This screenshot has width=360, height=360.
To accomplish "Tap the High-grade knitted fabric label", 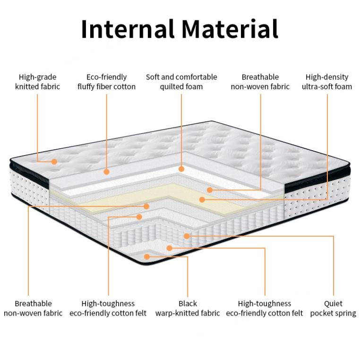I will [37, 82].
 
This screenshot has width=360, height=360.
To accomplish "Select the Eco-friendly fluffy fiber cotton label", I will [106, 82].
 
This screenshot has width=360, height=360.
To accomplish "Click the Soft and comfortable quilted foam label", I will [181, 82].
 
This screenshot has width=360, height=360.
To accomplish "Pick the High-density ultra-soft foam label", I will [327, 82].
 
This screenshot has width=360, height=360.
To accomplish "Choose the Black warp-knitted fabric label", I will [188, 308].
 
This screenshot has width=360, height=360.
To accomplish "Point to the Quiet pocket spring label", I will [334, 308].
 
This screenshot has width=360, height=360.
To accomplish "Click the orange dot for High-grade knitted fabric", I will [54, 162].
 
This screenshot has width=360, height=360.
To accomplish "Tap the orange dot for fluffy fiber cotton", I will [107, 172].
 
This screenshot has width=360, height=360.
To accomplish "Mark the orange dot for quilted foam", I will [181, 168].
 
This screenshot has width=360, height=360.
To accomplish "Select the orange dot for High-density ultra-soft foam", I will [202, 199].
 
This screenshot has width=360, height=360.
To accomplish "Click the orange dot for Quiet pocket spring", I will [187, 235].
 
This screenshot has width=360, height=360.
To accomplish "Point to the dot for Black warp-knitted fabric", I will [147, 257].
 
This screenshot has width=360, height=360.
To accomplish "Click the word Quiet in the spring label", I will [334, 303].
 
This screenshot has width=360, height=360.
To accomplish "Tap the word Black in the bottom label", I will [188, 303].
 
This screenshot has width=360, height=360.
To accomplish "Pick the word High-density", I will [327, 77].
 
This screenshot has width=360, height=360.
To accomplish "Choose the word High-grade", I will [37, 77].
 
